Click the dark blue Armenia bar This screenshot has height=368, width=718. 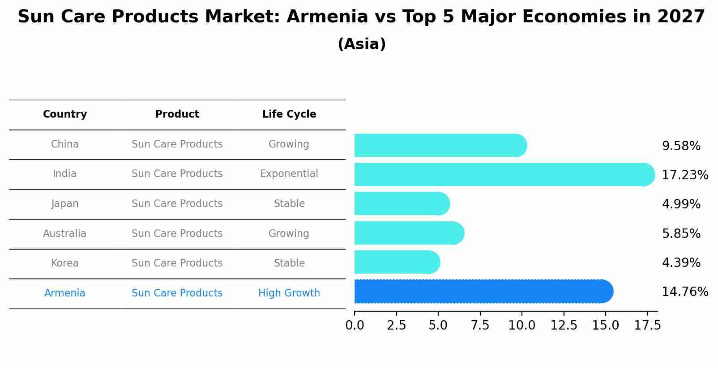click(483, 292)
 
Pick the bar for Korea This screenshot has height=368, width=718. click(397, 262)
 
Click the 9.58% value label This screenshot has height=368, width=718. click(681, 146)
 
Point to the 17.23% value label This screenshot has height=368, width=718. click(684, 175)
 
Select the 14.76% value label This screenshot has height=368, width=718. click(684, 292)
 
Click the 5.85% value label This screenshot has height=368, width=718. click(681, 234)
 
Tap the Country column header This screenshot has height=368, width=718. click(65, 114)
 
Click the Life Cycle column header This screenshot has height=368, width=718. click(289, 114)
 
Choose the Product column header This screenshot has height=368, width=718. click(177, 114)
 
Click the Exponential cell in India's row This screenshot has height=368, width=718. click(289, 174)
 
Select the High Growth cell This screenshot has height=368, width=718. click(289, 293)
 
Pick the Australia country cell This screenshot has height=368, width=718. click(65, 234)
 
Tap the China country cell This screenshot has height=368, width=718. click(65, 144)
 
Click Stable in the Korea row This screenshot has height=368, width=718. click(289, 263)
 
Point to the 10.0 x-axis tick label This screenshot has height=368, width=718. click(521, 326)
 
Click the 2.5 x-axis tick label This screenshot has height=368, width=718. click(396, 326)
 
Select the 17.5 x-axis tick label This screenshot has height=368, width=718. click(647, 326)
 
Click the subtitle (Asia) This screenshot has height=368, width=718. click(362, 44)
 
